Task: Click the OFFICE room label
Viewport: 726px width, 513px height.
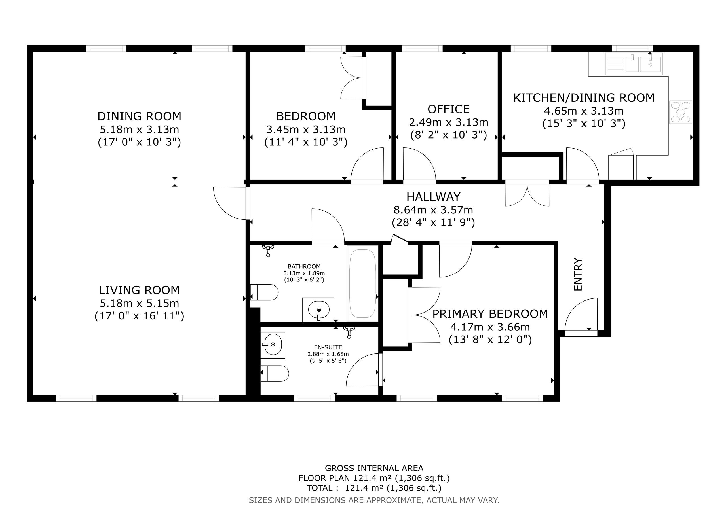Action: coord(448,109)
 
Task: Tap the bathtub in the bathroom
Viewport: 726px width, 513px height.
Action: coord(362,283)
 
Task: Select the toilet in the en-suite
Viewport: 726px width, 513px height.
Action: coord(275,374)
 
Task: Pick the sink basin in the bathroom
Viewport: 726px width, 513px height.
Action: coord(318,310)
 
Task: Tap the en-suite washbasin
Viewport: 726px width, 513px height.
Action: coord(273,345)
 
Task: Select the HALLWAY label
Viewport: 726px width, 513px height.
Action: coord(433,197)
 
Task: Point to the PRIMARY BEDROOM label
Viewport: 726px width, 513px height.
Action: coord(490,314)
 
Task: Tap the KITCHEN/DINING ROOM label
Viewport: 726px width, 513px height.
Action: coord(584,98)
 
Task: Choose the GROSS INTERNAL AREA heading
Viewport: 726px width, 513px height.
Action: coord(374,468)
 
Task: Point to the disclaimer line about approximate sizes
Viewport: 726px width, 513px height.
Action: coord(374,500)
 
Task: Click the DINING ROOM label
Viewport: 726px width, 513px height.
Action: coord(140,116)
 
